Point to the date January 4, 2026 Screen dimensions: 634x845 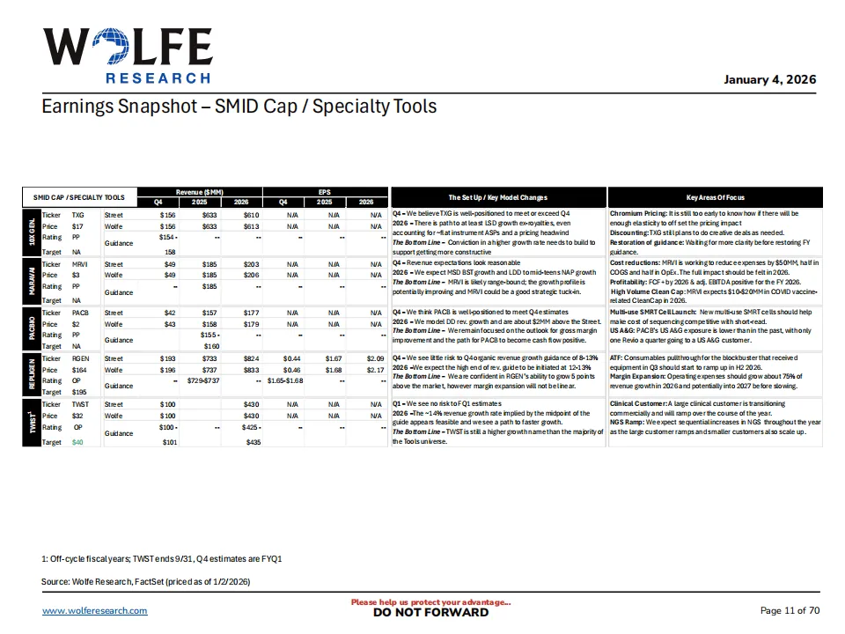pyautogui.click(x=769, y=79)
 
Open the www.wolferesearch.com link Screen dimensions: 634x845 pyautogui.click(x=94, y=611)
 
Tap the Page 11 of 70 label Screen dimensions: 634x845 pyautogui.click(x=790, y=610)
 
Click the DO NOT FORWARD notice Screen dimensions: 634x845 pyautogui.click(x=430, y=613)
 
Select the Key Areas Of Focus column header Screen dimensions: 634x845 pyautogui.click(x=715, y=197)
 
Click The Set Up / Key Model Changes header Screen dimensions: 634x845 pyautogui.click(x=497, y=197)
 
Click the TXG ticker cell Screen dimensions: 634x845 pyautogui.click(x=77, y=214)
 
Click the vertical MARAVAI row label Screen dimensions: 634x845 pyautogui.click(x=29, y=281)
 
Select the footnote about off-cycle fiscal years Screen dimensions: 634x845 pyautogui.click(x=161, y=559)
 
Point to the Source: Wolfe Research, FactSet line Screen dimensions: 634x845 pyautogui.click(x=146, y=582)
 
